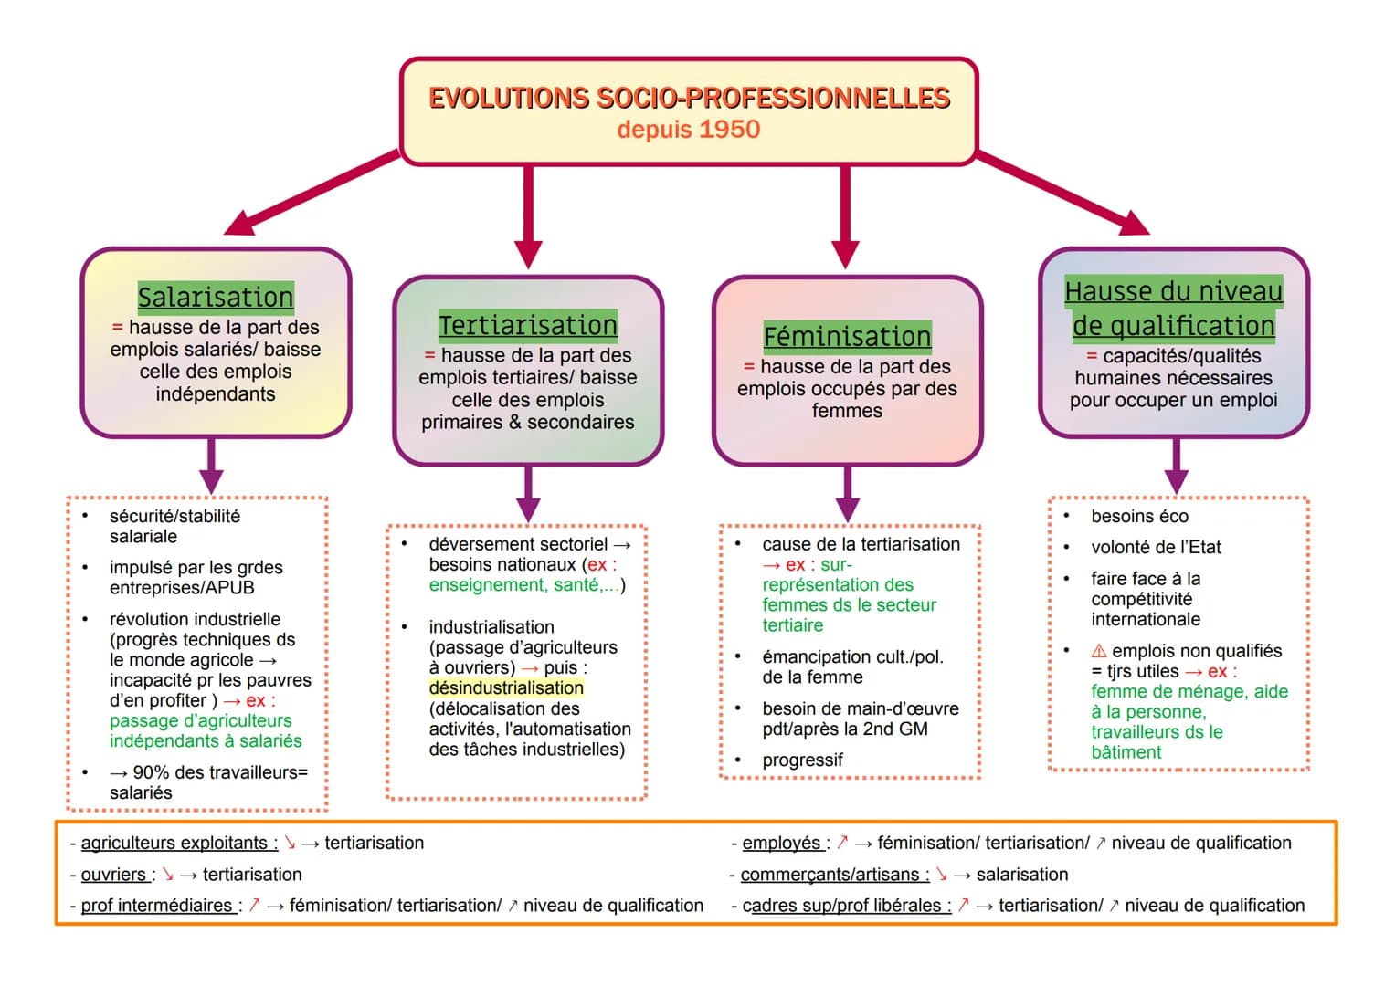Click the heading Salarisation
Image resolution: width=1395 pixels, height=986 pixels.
pyautogui.click(x=216, y=297)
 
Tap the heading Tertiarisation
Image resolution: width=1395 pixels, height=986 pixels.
pyautogui.click(x=528, y=325)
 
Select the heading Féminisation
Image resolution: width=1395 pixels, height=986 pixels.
pyautogui.click(x=847, y=336)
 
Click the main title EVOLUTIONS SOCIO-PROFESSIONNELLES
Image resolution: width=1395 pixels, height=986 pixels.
pyautogui.click(x=690, y=99)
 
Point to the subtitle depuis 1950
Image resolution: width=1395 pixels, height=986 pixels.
pyautogui.click(x=689, y=130)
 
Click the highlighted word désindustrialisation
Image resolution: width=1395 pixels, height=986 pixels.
pyautogui.click(x=506, y=688)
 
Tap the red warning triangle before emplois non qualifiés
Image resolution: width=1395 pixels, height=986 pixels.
pyautogui.click(x=1099, y=651)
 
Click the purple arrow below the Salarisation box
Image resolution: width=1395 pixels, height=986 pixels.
pyautogui.click(x=212, y=466)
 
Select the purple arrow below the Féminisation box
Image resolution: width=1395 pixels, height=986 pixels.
pyautogui.click(x=848, y=494)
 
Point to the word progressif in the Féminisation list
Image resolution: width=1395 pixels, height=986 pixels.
pyautogui.click(x=802, y=760)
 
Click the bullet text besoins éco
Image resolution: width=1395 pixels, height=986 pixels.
pyautogui.click(x=1139, y=517)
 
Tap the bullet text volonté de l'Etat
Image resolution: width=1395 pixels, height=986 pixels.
pyautogui.click(x=1156, y=548)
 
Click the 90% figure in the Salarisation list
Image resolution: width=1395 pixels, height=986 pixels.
pyautogui.click(x=151, y=773)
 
